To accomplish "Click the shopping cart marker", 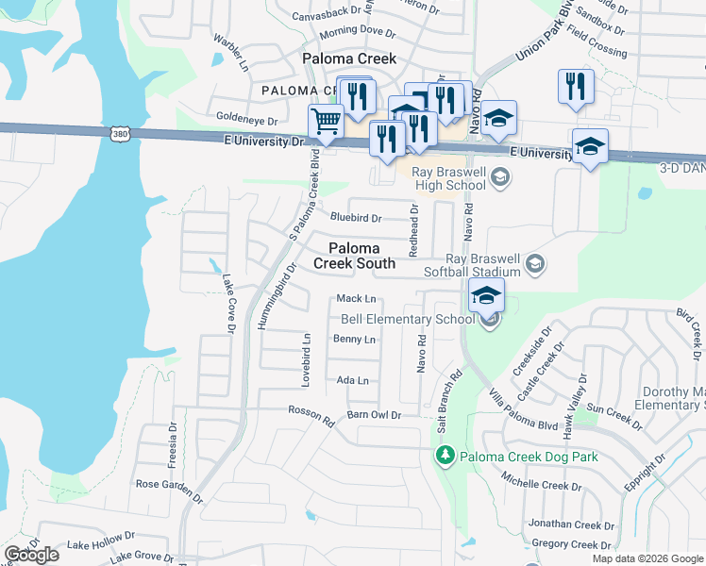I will pos(326,122).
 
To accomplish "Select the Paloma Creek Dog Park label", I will pos(529,457).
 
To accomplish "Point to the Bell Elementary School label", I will pos(407,319).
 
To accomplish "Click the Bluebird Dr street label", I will pos(355,218).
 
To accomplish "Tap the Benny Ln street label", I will pos(354,340).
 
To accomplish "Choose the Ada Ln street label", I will pos(352,380).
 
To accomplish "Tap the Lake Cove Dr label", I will pos(227,303).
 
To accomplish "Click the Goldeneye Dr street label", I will pos(247,121).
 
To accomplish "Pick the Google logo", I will pos(31,555).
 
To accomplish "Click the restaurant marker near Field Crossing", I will pos(575,86).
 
